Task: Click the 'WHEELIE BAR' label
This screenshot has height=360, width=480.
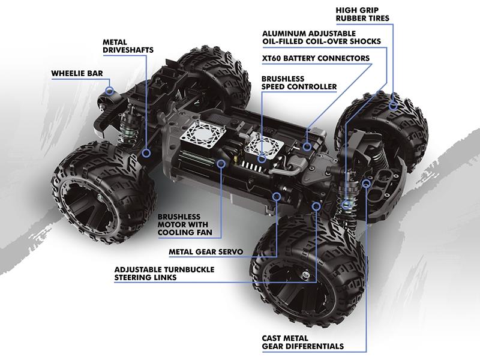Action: tap(77, 73)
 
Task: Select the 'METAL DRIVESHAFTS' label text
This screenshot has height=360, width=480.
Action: tap(128, 46)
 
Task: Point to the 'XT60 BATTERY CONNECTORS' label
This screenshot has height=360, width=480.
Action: tap(316, 58)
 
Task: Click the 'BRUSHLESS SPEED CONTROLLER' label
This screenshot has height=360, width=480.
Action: tap(299, 83)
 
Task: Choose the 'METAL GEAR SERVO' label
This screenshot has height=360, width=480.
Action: tap(205, 252)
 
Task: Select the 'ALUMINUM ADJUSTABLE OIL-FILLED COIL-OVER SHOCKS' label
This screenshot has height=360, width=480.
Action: tap(321, 37)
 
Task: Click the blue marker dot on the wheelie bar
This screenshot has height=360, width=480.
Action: tap(110, 90)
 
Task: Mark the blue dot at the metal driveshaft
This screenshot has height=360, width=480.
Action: tap(146, 154)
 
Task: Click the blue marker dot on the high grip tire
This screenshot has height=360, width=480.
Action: tap(394, 106)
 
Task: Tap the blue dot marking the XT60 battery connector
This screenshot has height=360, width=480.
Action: tap(307, 146)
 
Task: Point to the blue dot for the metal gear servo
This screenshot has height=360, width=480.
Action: tap(277, 196)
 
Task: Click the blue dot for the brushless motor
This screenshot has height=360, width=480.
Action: tap(221, 163)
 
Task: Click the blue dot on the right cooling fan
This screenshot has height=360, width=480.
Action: tap(262, 159)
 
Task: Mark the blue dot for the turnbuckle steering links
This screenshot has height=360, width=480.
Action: tap(317, 206)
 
